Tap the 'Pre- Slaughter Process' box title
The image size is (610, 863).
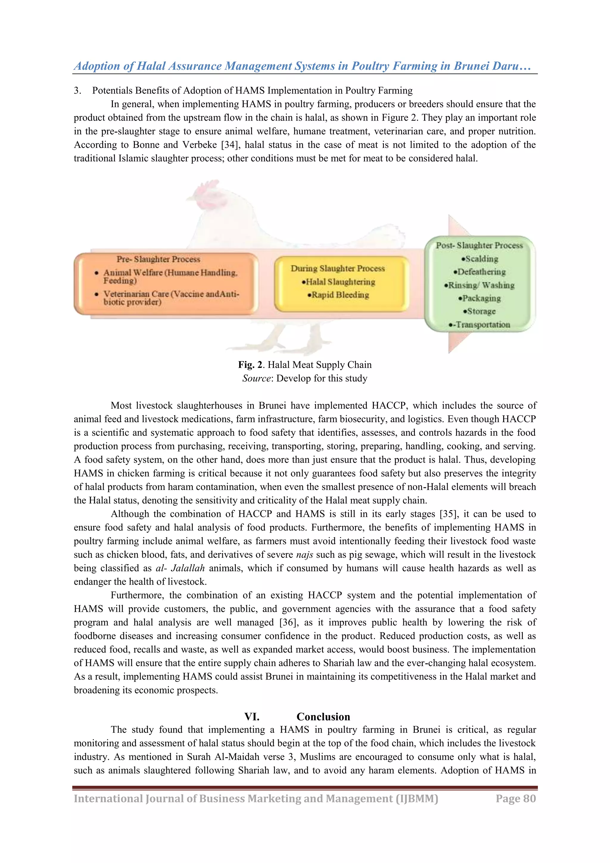(158, 259)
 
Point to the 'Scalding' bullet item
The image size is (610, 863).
(480, 259)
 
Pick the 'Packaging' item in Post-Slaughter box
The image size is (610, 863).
(480, 298)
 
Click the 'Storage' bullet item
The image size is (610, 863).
(480, 312)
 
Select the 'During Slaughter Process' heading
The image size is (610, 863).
(338, 268)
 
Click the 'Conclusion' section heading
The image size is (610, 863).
(323, 717)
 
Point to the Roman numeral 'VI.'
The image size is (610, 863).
(252, 717)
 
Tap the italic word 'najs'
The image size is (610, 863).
(304, 555)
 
